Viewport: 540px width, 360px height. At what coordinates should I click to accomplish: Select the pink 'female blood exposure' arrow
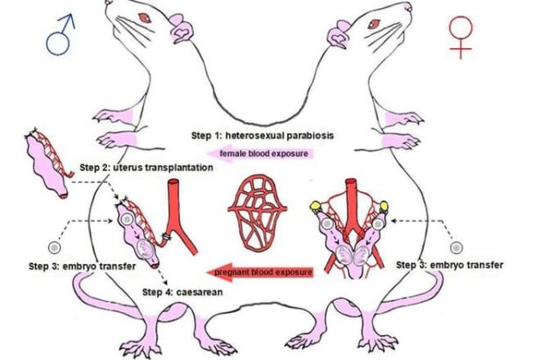point(260,154)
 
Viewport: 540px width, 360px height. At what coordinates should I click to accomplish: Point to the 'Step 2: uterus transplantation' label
point(146,167)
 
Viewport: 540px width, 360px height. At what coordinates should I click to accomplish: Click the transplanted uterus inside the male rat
point(135,233)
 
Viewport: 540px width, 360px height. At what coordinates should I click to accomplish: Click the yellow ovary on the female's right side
point(385,208)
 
